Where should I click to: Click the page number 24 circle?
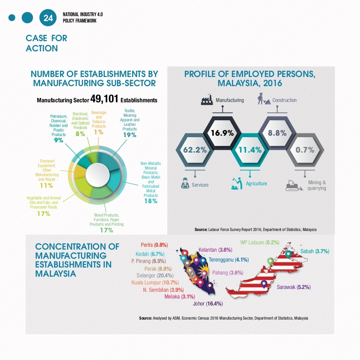[x=48, y=18]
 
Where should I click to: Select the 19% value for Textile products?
[x=129, y=135]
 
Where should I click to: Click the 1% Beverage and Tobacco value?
[x=98, y=132]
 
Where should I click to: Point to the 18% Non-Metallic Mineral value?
[x=151, y=201]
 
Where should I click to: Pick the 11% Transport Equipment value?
[x=46, y=186]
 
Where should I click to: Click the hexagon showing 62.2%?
[x=194, y=150]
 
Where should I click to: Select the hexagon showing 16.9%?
[x=222, y=133]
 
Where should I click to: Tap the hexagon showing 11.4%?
[x=250, y=150]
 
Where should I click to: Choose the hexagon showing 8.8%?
[x=277, y=133]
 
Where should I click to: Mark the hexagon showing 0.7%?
[x=305, y=150]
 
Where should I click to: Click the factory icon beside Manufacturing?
[x=207, y=100]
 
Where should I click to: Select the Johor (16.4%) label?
[x=207, y=304]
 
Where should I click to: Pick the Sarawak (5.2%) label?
[x=294, y=287]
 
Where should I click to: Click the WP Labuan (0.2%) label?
[x=259, y=243]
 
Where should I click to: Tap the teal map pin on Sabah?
[x=289, y=253]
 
